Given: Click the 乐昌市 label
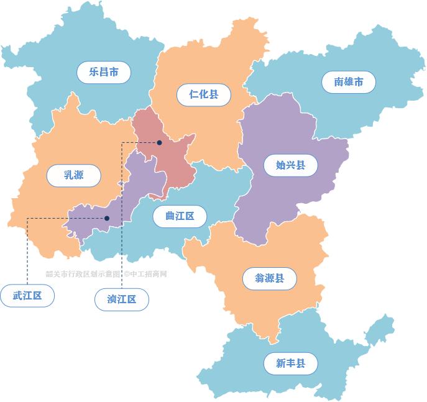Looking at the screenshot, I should pyautogui.click(x=104, y=72).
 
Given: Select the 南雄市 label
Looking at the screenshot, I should pyautogui.click(x=348, y=82).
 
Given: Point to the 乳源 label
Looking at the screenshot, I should pyautogui.click(x=73, y=175).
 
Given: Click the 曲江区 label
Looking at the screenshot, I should pyautogui.click(x=180, y=216).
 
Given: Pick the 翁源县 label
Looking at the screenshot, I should pyautogui.click(x=270, y=278).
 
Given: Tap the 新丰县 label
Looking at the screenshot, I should pyautogui.click(x=290, y=363).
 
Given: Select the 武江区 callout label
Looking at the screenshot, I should pyautogui.click(x=27, y=296).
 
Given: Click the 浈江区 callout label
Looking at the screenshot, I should pyautogui.click(x=122, y=300).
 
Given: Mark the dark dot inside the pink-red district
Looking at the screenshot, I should pyautogui.click(x=160, y=142).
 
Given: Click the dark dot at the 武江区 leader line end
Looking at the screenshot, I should pyautogui.click(x=107, y=218).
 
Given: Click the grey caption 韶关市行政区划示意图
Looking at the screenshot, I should pyautogui.click(x=83, y=273).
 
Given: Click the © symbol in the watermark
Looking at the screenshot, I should pyautogui.click(x=126, y=273).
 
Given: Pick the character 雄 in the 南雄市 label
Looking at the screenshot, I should pyautogui.click(x=348, y=82).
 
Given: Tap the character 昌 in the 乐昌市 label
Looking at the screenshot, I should pyautogui.click(x=104, y=72).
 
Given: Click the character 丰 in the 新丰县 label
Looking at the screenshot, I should pyautogui.click(x=290, y=363).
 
